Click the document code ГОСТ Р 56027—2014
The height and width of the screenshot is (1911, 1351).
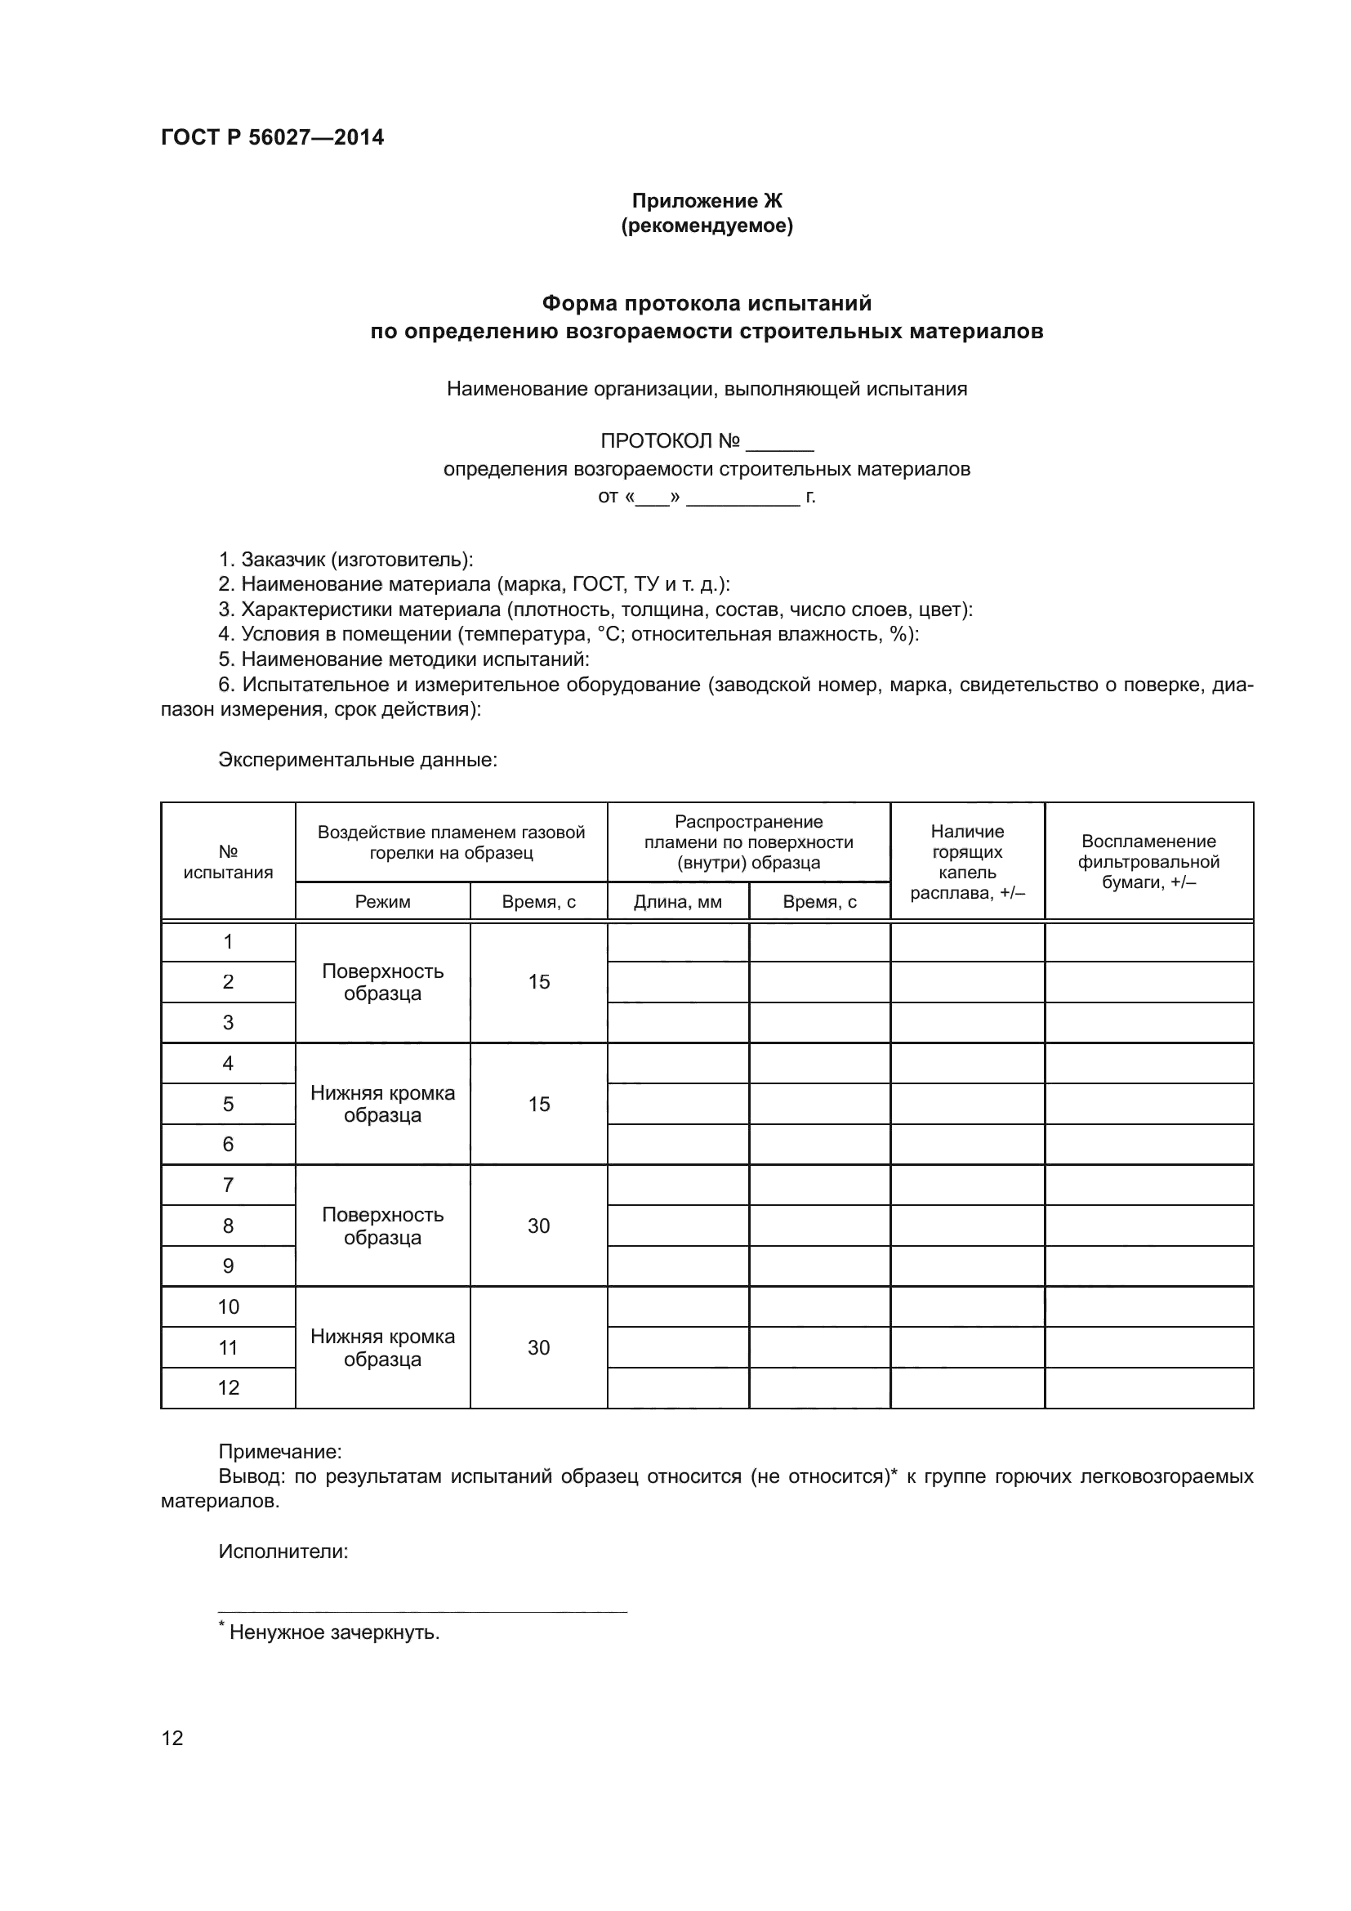(x=272, y=137)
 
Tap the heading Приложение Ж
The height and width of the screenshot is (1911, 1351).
(x=707, y=201)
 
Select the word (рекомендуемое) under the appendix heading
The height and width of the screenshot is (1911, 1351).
(x=707, y=225)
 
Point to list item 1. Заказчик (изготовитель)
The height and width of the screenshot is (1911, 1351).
(x=346, y=560)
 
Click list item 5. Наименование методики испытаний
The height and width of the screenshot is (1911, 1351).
(x=404, y=659)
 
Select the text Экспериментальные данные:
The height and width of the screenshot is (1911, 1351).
(x=358, y=760)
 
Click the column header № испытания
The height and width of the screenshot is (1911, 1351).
(x=228, y=861)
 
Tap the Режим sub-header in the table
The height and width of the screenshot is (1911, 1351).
(x=382, y=901)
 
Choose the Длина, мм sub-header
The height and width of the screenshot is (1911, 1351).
(x=677, y=901)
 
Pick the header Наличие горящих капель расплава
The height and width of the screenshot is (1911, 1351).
(x=966, y=861)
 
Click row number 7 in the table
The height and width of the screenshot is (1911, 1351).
(x=228, y=1185)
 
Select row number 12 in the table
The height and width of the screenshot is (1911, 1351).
(x=228, y=1387)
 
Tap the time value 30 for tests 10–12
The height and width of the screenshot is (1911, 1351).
(x=538, y=1347)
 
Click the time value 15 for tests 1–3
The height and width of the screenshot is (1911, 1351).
(x=538, y=982)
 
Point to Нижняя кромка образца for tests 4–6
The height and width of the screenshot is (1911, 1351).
(x=382, y=1104)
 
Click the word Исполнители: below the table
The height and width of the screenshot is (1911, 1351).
(x=283, y=1552)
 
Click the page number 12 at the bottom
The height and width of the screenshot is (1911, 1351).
(x=172, y=1738)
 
